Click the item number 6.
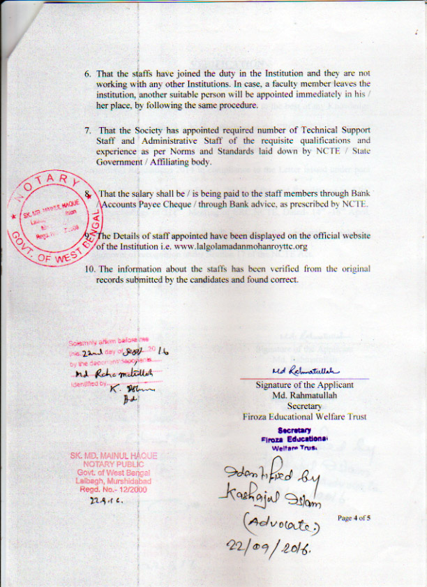coord(87,73)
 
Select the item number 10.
coord(89,269)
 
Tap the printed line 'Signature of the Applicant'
coord(304,385)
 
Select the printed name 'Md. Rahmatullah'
coord(304,395)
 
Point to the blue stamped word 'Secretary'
coord(292,431)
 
